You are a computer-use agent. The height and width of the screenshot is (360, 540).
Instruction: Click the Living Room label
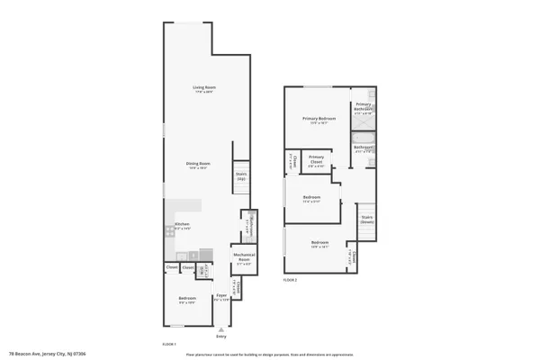point(204,88)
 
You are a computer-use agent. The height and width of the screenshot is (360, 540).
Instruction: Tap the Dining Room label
point(197,164)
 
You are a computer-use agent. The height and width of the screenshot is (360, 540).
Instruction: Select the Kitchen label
point(182,224)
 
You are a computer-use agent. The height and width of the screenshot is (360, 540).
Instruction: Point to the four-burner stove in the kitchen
point(169,231)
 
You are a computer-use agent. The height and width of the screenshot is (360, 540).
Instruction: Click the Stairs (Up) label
point(241,176)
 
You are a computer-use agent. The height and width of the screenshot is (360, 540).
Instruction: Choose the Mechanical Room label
point(244,256)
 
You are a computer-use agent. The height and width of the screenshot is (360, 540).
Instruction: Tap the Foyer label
point(220,296)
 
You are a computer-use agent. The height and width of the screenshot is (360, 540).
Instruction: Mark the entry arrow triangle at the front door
point(221,328)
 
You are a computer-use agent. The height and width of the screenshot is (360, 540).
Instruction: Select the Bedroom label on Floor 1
point(187,299)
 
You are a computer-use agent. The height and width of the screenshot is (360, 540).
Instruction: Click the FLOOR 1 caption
point(168,345)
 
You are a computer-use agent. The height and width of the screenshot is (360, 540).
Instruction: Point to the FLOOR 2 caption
point(290,280)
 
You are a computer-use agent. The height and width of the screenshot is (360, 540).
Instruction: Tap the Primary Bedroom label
point(319,119)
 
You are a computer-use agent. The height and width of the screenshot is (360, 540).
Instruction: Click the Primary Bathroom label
point(364,107)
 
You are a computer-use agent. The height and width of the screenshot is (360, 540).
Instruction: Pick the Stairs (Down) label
point(367,219)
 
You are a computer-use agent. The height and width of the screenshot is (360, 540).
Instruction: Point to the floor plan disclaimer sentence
point(270,354)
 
